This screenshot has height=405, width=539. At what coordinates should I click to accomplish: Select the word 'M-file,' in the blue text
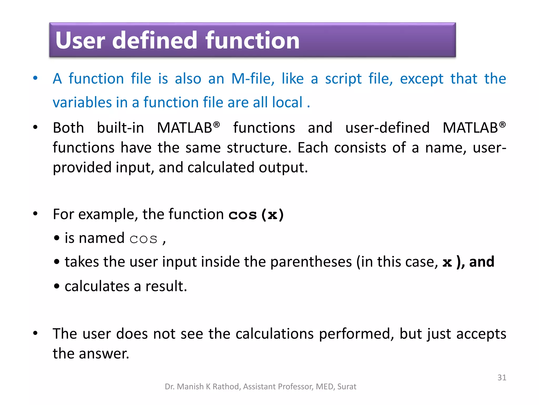click(x=253, y=79)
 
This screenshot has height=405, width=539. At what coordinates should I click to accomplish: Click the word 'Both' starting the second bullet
click(x=68, y=128)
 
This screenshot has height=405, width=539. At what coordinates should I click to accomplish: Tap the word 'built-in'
click(x=121, y=128)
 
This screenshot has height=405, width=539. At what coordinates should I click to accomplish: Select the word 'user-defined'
click(x=387, y=128)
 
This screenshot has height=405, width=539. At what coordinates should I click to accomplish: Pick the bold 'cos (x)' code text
click(x=256, y=214)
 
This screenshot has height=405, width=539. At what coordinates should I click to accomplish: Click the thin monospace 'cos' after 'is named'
click(x=143, y=239)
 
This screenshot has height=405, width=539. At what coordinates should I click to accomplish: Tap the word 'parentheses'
click(x=311, y=262)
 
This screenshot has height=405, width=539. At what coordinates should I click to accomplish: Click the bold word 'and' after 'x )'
click(x=481, y=262)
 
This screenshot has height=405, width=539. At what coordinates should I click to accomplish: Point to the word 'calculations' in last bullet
click(x=275, y=334)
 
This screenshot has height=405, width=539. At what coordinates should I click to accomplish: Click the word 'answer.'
click(x=104, y=354)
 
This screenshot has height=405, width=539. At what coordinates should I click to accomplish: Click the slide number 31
click(x=502, y=378)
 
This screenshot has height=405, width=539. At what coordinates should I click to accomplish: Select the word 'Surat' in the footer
click(x=347, y=387)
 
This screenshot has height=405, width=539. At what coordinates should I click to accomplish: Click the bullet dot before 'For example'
click(x=35, y=214)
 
